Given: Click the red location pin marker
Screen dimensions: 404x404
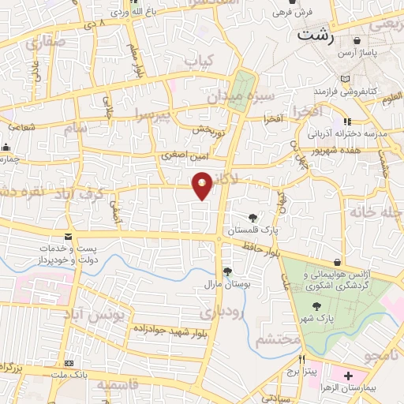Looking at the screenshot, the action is pos(203,185).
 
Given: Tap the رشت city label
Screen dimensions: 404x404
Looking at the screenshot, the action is pos(315,36).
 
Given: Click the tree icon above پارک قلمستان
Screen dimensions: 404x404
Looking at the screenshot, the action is pos(252,217).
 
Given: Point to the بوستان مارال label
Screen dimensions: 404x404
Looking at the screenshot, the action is pos(226,283).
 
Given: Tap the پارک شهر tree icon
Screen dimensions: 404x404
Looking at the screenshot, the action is pos(316,307).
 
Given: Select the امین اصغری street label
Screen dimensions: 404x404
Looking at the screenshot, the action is pos(184,156).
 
